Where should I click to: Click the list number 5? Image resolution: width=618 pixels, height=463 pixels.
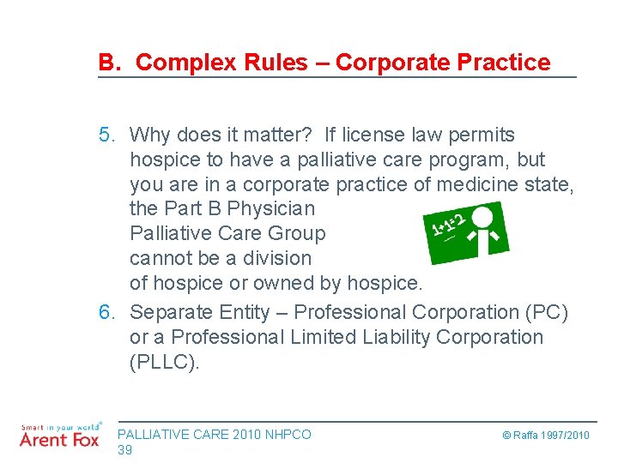click(x=106, y=135)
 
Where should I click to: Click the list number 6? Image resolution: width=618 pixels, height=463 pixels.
click(x=106, y=312)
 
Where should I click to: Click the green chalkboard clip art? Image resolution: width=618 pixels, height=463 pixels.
click(x=467, y=232)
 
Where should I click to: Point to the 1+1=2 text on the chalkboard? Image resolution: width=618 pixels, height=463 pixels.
click(x=448, y=225)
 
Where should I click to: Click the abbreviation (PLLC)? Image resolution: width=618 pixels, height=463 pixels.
click(x=164, y=362)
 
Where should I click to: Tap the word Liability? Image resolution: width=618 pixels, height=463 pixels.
click(x=362, y=337)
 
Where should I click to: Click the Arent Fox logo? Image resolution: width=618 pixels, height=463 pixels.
click(x=58, y=436)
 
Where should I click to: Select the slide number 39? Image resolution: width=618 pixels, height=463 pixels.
click(x=124, y=450)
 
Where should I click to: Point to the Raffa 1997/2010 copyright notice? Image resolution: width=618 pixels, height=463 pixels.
click(x=546, y=436)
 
